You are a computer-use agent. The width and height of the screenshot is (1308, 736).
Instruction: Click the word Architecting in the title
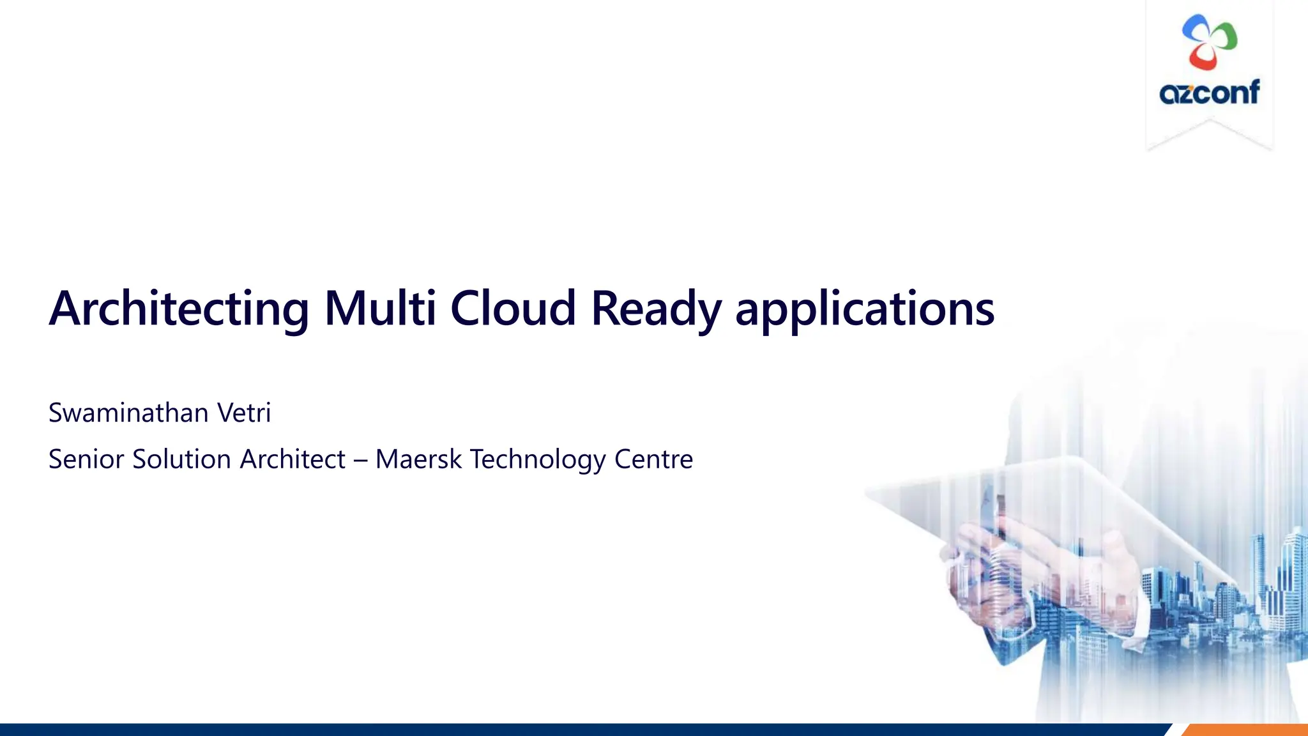tap(179, 310)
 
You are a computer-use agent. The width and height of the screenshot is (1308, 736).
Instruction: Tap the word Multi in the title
tap(380, 309)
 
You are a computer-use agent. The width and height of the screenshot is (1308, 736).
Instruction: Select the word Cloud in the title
tap(513, 309)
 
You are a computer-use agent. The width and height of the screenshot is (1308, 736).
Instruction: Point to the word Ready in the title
tap(656, 310)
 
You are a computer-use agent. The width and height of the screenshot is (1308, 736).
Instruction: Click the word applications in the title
tap(865, 310)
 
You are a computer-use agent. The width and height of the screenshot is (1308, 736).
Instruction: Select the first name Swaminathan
tap(128, 413)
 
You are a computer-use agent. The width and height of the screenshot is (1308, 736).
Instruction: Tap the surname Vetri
tap(244, 413)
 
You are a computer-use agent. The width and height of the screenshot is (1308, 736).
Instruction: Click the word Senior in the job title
tap(86, 459)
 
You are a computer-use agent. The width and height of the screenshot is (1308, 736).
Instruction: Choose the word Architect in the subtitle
tap(293, 459)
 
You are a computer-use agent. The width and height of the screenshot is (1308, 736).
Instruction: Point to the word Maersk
tap(418, 459)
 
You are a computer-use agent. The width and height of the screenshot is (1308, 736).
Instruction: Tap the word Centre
tap(653, 459)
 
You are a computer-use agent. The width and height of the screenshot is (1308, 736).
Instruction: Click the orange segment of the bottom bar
tap(1245, 730)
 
